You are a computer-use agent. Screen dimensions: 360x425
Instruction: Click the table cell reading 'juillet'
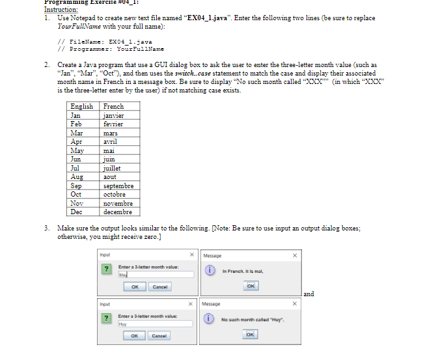click(x=113, y=168)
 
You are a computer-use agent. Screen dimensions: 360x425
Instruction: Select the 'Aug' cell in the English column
click(x=77, y=177)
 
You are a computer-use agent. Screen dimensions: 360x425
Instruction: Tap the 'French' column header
click(x=113, y=106)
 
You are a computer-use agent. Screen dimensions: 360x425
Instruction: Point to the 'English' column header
click(x=81, y=106)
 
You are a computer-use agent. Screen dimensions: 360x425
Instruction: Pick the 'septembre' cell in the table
click(x=118, y=186)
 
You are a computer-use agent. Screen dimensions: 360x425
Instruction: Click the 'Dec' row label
click(x=77, y=212)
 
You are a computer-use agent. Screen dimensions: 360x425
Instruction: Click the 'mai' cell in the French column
click(x=109, y=150)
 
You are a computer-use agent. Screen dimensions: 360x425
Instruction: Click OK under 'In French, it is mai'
click(x=251, y=287)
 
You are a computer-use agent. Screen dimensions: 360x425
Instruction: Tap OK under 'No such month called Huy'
click(x=251, y=335)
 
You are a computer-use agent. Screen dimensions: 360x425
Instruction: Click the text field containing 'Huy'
click(x=156, y=323)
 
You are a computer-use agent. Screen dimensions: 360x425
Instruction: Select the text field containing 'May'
click(x=156, y=275)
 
